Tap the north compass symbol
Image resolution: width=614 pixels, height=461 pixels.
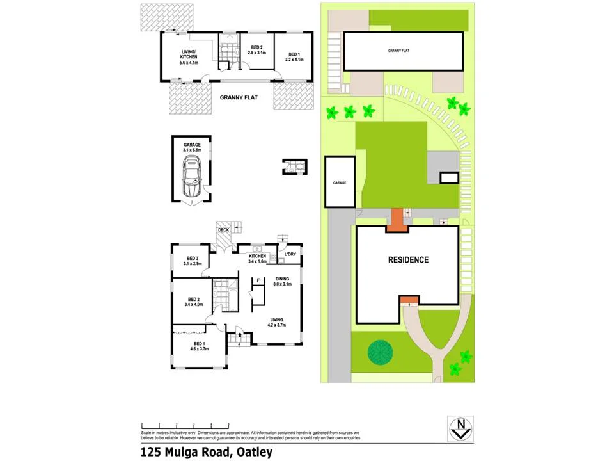coord(460,428)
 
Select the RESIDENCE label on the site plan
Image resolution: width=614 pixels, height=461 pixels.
coord(408,260)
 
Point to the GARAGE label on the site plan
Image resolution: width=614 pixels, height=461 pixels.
coord(339,182)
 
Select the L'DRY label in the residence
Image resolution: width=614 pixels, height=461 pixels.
coord(290,254)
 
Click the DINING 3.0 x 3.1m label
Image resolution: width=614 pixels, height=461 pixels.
coord(282,281)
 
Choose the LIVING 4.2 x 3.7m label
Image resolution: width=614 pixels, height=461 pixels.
coord(277,322)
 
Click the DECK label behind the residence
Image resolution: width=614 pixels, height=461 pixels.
coord(223,229)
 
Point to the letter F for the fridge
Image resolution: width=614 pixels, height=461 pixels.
coord(258,280)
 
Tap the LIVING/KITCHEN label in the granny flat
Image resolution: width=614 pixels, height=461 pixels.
coord(189,58)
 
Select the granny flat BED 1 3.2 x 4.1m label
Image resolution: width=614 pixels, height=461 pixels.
coord(294,56)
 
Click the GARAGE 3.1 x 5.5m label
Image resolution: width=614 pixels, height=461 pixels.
coord(192,147)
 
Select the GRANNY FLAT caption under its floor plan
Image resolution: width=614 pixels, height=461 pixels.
coord(239,97)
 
